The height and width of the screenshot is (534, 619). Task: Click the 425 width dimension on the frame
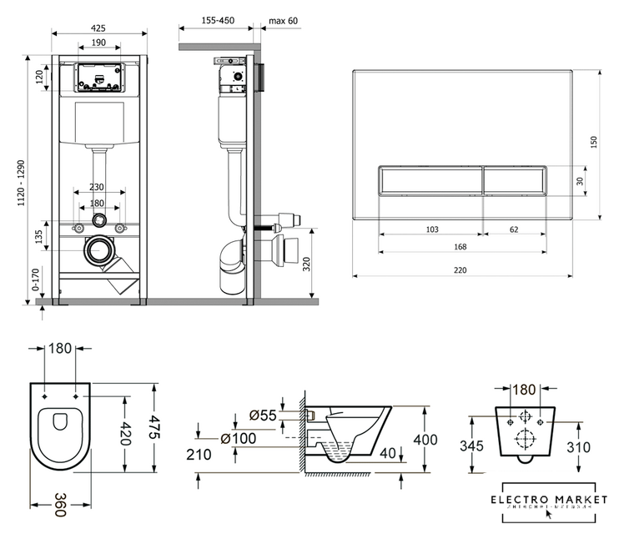click(99, 27)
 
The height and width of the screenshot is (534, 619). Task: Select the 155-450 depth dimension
click(217, 20)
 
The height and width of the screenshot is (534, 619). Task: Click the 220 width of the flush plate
click(460, 269)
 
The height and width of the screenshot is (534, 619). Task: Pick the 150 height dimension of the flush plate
click(594, 144)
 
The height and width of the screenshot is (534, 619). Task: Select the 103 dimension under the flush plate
click(432, 228)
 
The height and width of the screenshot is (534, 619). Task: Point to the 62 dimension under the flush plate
click(514, 228)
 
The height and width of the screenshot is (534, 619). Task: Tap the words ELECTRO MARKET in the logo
click(543, 499)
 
